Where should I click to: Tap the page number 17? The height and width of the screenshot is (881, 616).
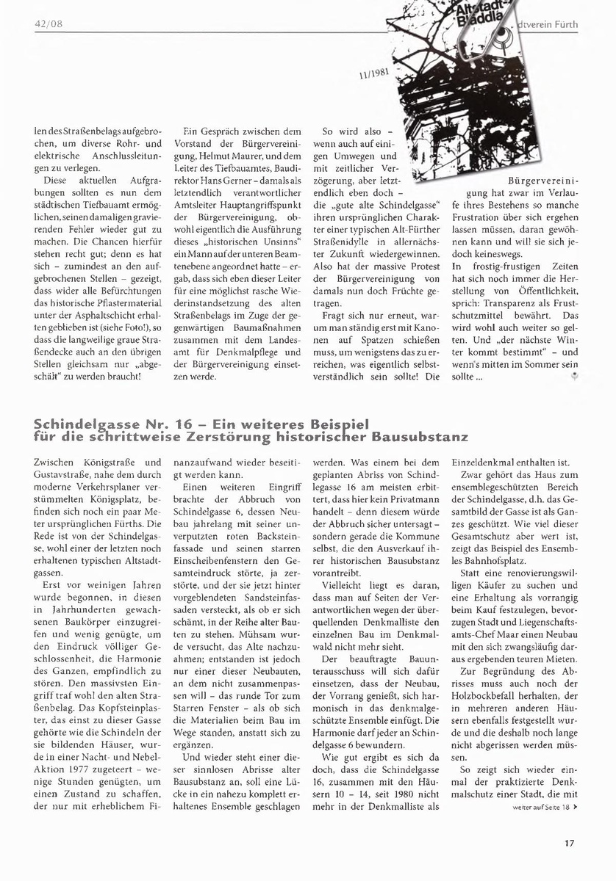tap(569, 842)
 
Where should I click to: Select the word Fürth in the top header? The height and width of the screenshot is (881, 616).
tap(563, 25)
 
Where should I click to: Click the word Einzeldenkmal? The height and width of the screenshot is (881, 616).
tap(484, 463)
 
